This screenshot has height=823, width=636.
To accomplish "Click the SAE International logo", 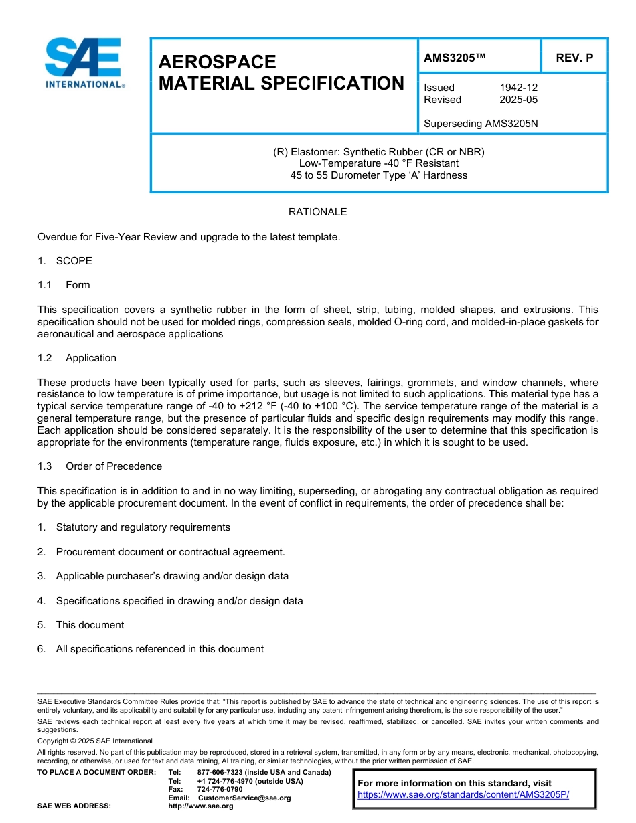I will tap(83, 64).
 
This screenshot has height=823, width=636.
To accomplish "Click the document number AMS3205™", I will tap(454, 58).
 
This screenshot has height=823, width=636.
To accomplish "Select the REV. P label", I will tap(574, 58).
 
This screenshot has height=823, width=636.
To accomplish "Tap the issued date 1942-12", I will tap(518, 88).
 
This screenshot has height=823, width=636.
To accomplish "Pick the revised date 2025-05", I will tap(518, 100).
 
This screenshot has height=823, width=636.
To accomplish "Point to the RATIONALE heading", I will tap(317, 212).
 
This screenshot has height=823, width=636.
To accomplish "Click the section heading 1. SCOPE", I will tap(65, 261).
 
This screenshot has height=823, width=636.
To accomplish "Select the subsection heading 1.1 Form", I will tap(64, 285).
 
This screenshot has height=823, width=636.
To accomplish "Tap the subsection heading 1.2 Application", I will tap(77, 358).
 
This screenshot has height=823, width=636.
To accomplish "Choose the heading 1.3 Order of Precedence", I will tap(100, 466).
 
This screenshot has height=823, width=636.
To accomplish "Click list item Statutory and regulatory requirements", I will tap(143, 527).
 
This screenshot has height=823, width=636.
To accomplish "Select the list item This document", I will tap(90, 625).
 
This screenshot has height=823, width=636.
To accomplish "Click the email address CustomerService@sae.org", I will tap(244, 798).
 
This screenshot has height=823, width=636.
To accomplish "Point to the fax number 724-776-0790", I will tap(220, 790).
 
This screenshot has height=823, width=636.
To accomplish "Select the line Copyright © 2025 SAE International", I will tap(95, 741).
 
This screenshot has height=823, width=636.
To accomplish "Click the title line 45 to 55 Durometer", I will tap(378, 175).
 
